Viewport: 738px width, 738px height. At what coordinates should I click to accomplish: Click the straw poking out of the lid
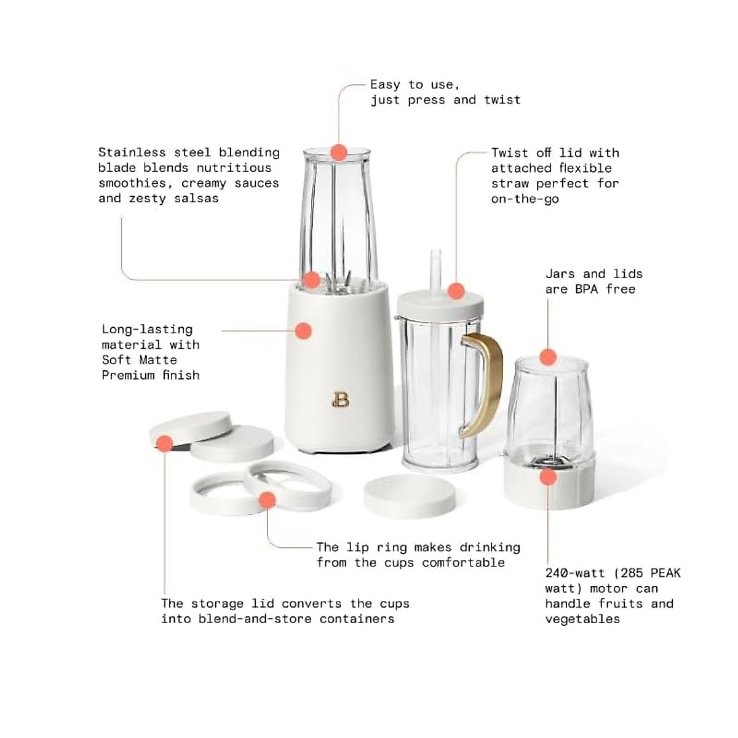click(x=437, y=271)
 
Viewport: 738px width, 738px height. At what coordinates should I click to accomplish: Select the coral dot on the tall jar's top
click(x=339, y=152)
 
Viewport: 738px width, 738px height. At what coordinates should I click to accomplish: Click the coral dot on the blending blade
click(x=312, y=280)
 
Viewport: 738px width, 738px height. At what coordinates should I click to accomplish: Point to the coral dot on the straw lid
click(x=455, y=291)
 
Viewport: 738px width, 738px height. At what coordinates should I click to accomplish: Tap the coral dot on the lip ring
click(x=267, y=499)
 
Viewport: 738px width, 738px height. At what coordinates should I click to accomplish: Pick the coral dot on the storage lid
click(x=165, y=443)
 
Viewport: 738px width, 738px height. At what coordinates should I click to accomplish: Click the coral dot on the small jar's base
click(x=548, y=477)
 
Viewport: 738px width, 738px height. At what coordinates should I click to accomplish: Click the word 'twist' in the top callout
click(x=502, y=100)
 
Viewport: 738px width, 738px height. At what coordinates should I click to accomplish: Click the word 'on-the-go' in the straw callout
click(x=525, y=199)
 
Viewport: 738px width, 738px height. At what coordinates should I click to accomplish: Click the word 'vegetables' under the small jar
click(x=582, y=619)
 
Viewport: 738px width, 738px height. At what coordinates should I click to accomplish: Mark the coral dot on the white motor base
click(x=303, y=330)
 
